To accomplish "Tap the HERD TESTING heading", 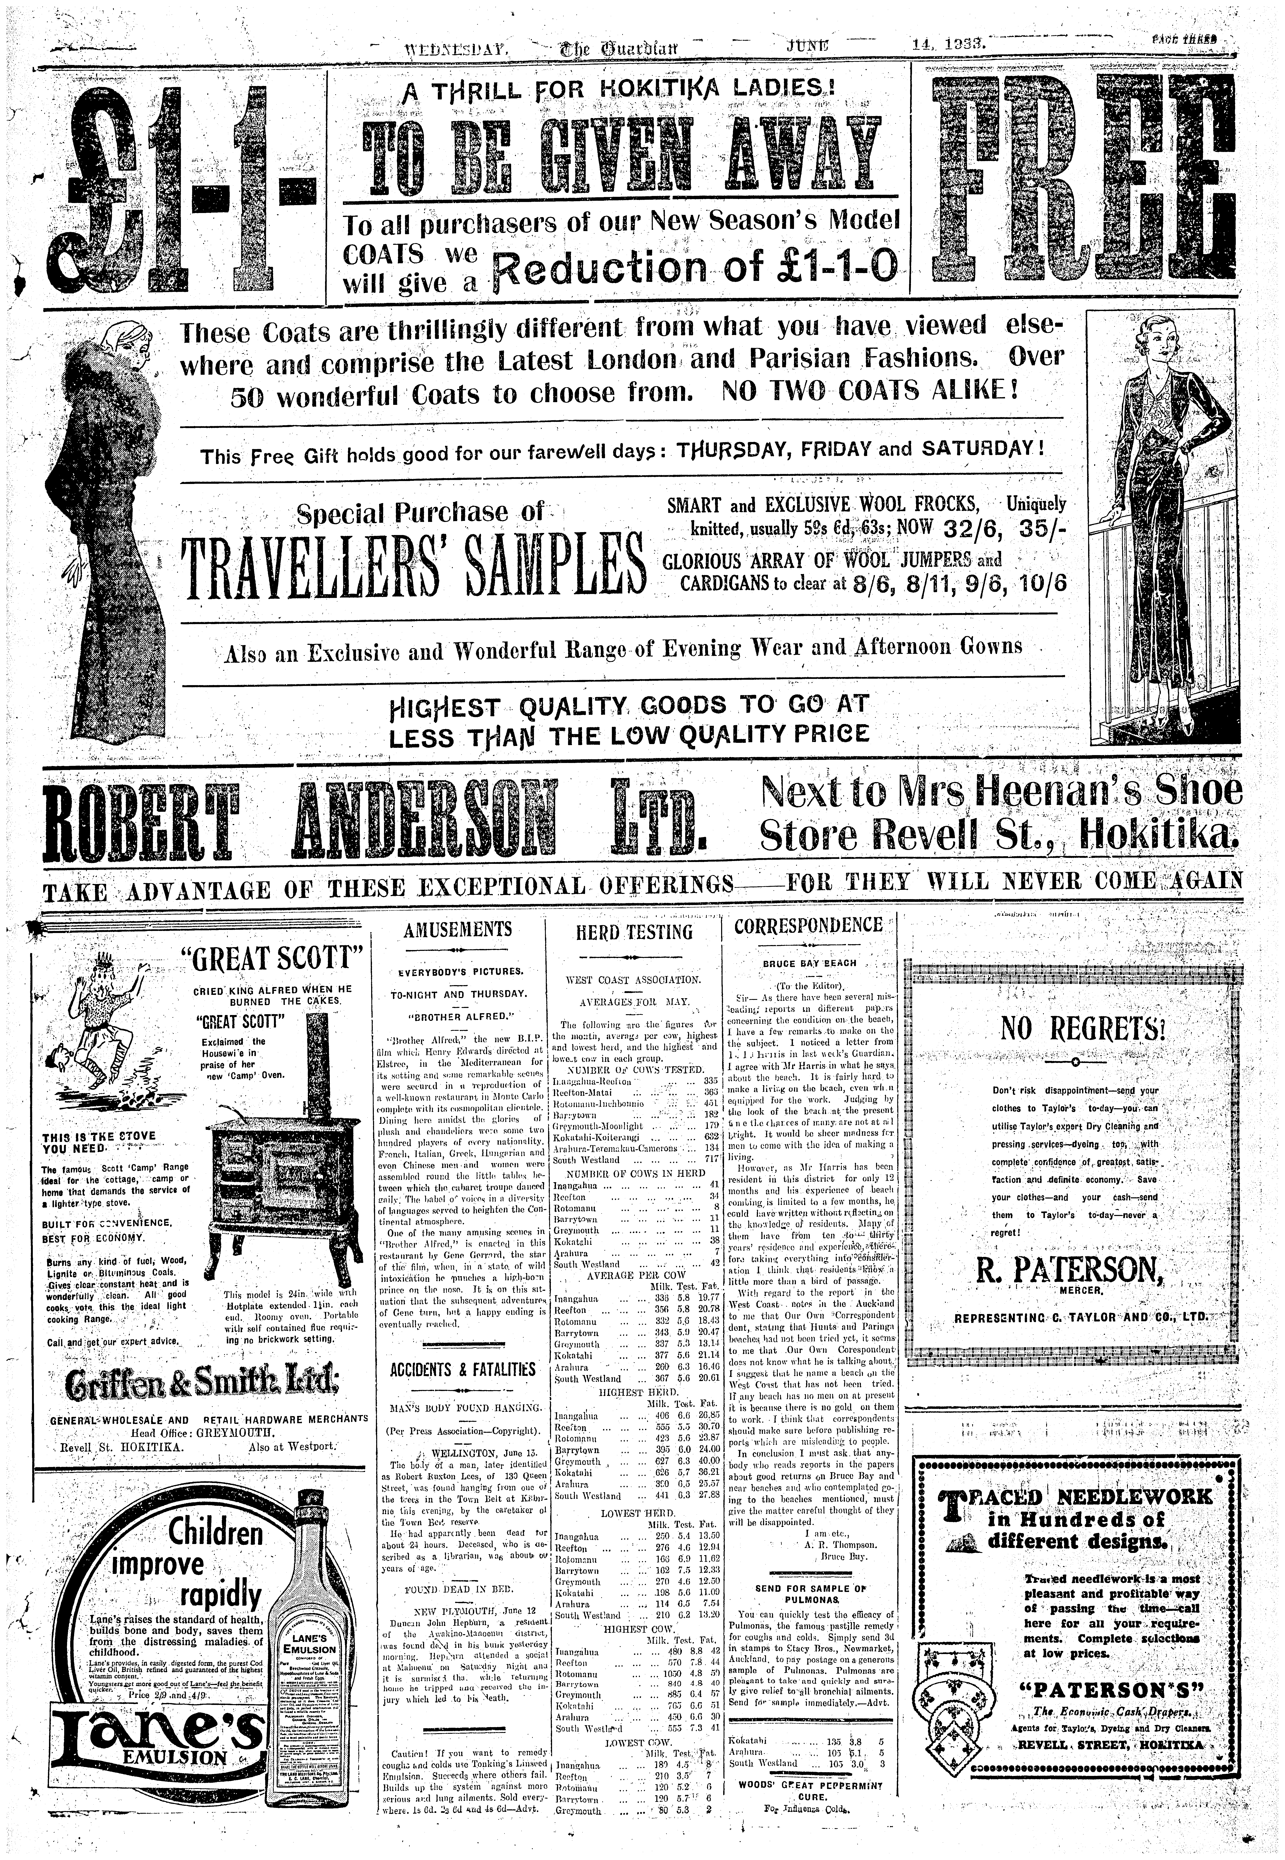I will (x=646, y=932).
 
